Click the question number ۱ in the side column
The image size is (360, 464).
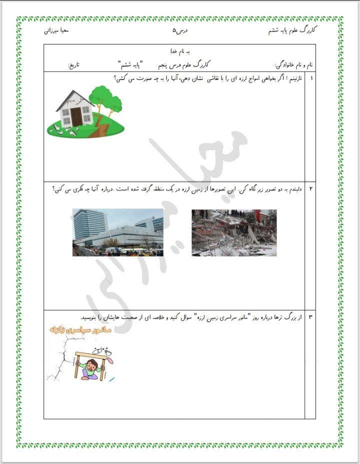click(x=312, y=78)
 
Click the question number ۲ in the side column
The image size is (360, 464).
click(x=311, y=188)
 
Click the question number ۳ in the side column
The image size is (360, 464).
click(x=311, y=317)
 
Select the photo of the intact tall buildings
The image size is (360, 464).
click(x=117, y=232)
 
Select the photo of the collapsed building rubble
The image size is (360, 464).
click(x=234, y=232)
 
